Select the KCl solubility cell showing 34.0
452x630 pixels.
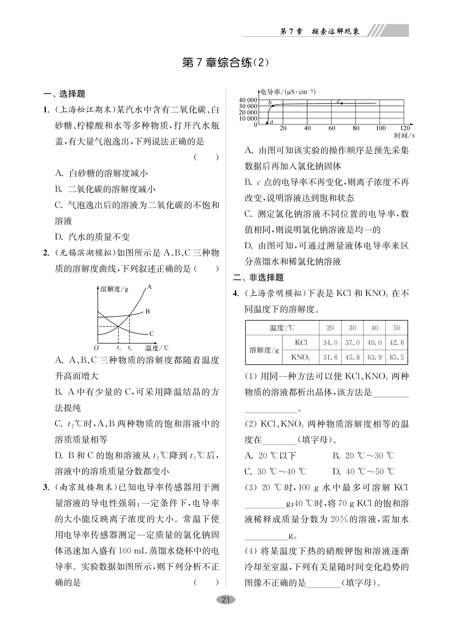[330, 343]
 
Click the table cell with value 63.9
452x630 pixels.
[375, 357]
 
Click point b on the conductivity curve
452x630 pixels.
[273, 106]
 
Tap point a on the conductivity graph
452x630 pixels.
[267, 122]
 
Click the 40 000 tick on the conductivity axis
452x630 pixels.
[248, 100]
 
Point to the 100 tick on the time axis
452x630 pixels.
[381, 128]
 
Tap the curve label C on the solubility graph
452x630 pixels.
[151, 334]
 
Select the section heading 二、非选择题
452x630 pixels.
[258, 277]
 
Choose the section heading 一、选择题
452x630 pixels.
[64, 94]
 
